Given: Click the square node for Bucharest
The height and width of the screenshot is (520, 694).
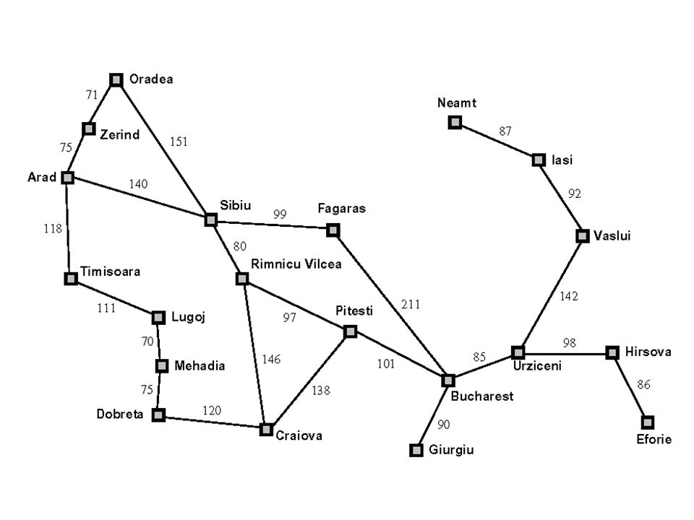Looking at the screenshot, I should click(448, 380).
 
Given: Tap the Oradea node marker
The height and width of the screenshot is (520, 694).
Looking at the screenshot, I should click(116, 79).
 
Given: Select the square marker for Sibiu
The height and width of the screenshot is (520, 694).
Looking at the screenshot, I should click(210, 220).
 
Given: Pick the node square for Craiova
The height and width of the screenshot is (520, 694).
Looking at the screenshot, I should click(266, 429).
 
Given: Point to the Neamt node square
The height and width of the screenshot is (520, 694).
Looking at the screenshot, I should click(455, 122).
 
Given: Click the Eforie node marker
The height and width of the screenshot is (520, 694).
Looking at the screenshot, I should click(648, 422).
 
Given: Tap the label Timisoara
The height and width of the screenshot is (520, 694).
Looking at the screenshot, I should click(110, 272).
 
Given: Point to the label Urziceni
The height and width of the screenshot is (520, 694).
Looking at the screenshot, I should click(538, 366).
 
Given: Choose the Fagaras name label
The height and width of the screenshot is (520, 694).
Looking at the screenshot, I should click(342, 209).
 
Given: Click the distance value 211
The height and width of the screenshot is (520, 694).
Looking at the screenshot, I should click(410, 305).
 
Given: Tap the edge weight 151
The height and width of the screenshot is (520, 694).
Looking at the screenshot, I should click(179, 142).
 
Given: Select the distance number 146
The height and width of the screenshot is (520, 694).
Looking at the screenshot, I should click(271, 359).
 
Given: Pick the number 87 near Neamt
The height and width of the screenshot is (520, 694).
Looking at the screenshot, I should click(506, 131).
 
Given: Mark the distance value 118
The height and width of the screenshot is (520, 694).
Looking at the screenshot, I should click(51, 228).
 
